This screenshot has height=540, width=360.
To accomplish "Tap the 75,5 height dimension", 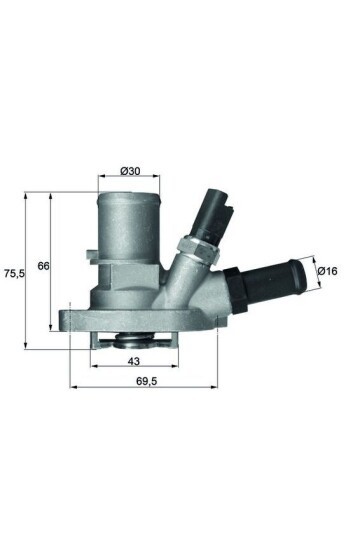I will coord(13,271).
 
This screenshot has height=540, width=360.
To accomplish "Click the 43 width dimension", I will coord(132,362).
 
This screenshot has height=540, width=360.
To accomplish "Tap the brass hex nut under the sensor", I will coord(192,248).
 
